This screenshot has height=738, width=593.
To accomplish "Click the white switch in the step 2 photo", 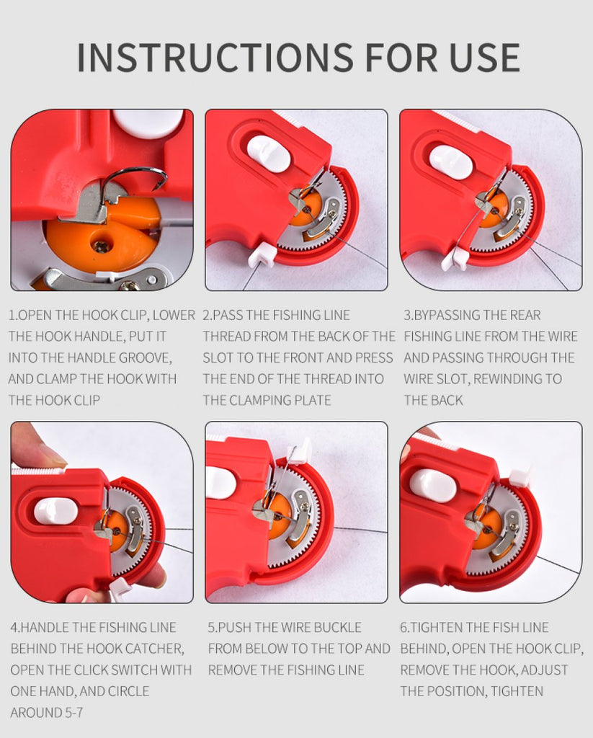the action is (x=268, y=154).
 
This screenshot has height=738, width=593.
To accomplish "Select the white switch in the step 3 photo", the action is (x=451, y=162).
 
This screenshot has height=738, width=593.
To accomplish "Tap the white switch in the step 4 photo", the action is (x=56, y=511).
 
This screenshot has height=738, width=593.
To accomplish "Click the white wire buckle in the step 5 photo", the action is (x=300, y=451).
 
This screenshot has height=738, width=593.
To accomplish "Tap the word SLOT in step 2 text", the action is (x=218, y=357).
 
